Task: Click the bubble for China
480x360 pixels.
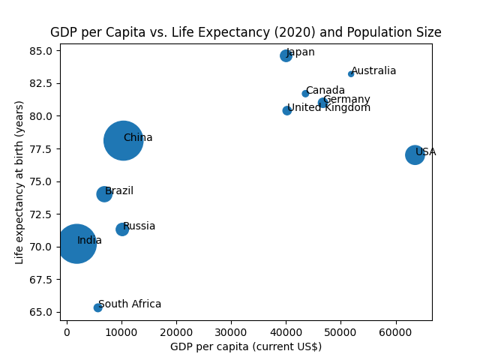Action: (123, 140)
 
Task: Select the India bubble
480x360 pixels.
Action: (76, 244)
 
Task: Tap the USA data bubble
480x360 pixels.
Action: (415, 154)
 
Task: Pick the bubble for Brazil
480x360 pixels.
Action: (104, 194)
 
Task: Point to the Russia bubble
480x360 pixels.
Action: (122, 229)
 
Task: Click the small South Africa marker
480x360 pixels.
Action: (97, 307)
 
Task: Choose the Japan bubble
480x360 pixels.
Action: (286, 55)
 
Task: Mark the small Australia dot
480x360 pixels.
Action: (351, 73)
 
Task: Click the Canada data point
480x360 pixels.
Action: (305, 94)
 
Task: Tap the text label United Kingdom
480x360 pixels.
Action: (329, 108)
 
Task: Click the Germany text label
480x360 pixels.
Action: (346, 100)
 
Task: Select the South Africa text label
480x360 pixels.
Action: (130, 304)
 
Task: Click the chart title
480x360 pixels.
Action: (245, 32)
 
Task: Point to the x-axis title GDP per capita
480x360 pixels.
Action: (245, 346)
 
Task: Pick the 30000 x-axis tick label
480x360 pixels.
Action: (231, 331)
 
